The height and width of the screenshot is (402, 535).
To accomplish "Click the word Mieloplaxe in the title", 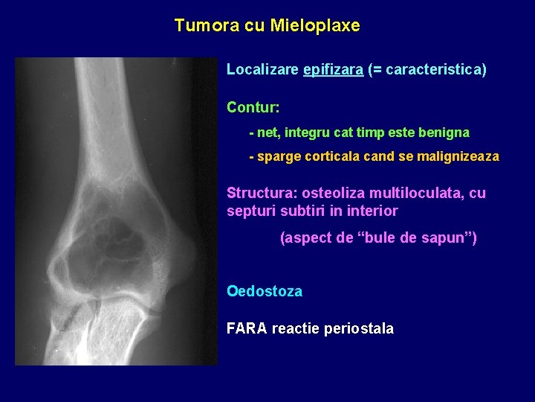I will coord(315,26).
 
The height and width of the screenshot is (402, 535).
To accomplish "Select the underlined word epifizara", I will coord(334,70).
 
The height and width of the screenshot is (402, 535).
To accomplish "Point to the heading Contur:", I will coord(253,108).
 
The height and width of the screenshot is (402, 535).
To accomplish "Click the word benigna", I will coord(444,133).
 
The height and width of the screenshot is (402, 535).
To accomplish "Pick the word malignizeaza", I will coord(461,157).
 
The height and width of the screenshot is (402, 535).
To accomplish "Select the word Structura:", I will coord(259,194).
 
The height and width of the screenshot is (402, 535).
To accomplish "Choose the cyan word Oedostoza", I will coord(264,292).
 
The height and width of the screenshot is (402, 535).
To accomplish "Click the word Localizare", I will coord(262,70).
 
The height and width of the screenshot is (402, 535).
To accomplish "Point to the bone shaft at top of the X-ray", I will coord(108,97).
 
